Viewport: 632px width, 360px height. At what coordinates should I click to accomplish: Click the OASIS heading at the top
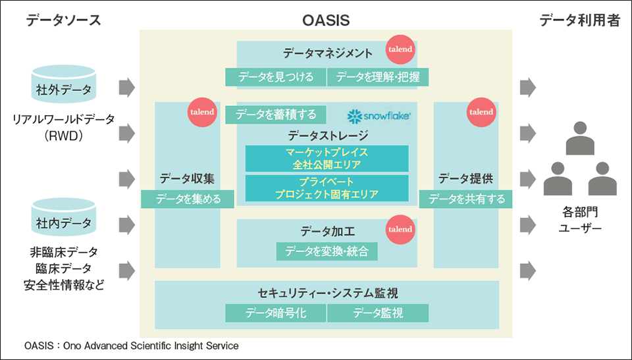coord(326,20)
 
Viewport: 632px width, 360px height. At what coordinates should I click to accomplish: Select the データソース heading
coord(63,20)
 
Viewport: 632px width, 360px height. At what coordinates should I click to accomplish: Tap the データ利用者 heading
coord(579,20)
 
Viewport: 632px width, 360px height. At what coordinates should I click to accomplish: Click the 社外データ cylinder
coord(64,84)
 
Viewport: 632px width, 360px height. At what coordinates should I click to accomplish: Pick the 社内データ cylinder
coord(64,217)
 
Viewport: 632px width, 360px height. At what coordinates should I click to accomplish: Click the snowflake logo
coord(379,116)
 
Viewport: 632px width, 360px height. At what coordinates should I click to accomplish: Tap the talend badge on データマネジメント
coord(400,49)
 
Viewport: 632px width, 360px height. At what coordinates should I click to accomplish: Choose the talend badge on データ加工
coord(400,229)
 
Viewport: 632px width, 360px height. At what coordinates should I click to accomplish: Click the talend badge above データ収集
coord(202,112)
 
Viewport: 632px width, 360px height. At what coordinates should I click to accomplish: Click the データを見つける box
coord(275,77)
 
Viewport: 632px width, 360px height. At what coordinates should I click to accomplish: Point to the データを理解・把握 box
coord(378,77)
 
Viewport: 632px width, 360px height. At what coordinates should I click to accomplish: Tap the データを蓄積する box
coord(276,115)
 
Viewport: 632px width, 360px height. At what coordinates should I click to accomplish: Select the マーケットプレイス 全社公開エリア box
coord(327,159)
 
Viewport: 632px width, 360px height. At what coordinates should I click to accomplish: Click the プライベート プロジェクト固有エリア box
coord(327,188)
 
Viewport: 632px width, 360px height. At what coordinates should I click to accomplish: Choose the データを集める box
coord(188,199)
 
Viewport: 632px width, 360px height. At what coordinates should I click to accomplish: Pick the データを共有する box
coord(466,199)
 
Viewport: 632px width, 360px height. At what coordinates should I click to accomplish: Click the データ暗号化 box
coord(275,313)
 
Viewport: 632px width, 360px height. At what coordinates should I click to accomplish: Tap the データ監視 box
coord(378,313)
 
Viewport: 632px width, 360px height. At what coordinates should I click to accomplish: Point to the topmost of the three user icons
coord(580,138)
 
